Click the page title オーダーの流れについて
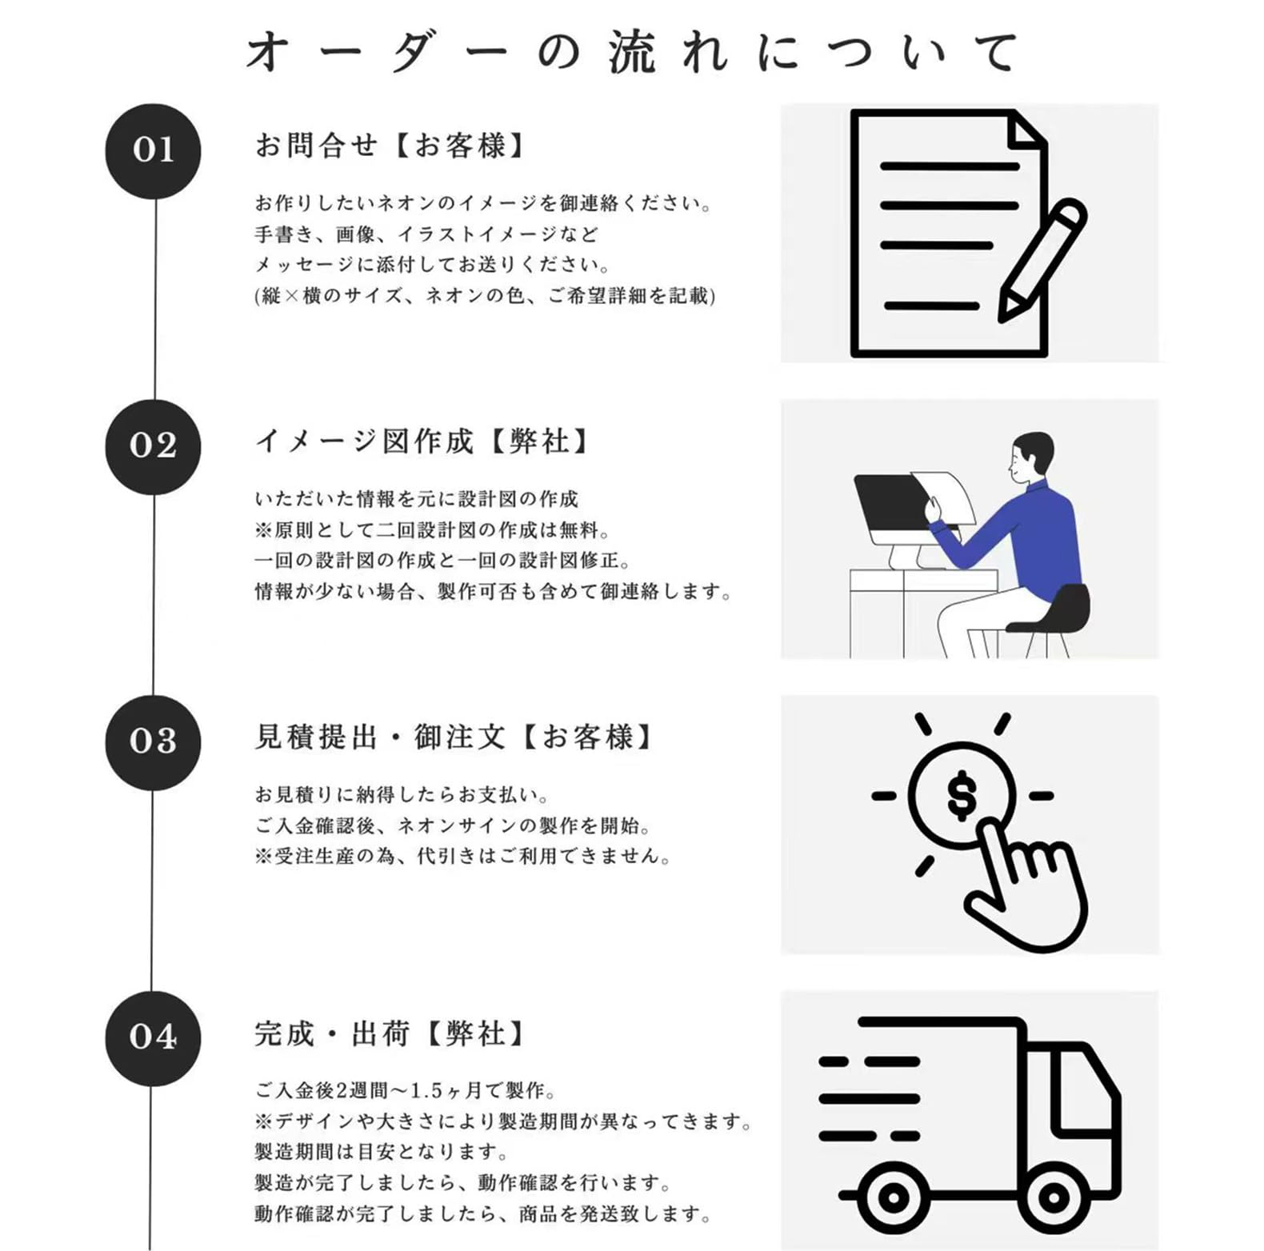631,53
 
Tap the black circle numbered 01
153,150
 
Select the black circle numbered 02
153,446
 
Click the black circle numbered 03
153,742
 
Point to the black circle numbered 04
153,1038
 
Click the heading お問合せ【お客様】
390,146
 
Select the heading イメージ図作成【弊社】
422,442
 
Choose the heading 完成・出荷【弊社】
390,1033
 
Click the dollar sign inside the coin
961,795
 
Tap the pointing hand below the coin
1024,888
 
